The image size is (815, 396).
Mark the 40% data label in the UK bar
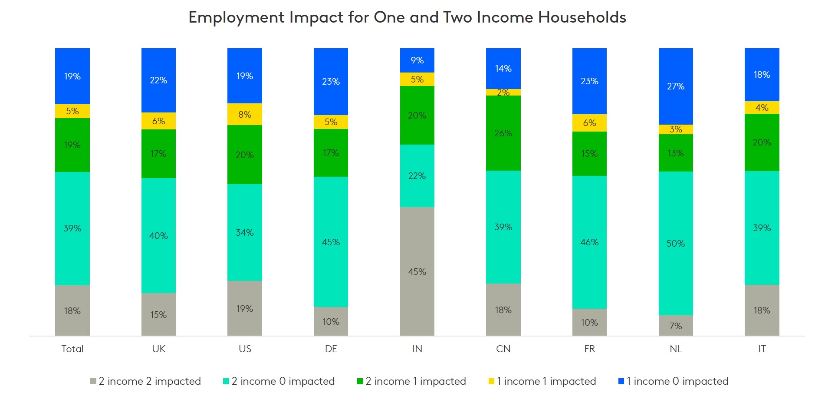158,236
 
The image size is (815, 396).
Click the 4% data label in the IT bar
762,107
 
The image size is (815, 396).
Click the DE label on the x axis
331,349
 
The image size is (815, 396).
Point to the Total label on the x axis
72,349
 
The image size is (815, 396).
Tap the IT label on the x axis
762,349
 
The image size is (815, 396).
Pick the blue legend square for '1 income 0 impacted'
621,381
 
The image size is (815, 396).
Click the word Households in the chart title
582,17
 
